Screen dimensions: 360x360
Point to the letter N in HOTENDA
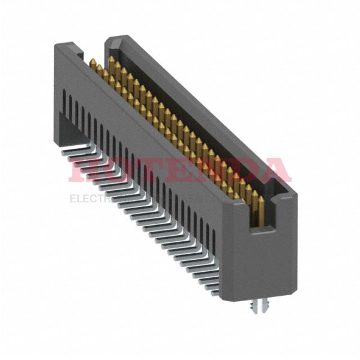click(207, 170)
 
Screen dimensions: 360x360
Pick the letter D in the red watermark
click(240, 170)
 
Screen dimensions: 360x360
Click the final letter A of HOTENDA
click(273, 170)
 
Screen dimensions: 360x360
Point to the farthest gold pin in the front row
click(94, 62)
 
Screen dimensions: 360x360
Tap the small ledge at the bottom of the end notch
click(262, 230)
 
